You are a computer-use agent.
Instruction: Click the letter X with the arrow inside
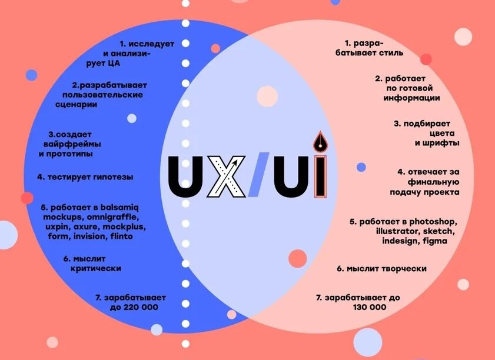227,175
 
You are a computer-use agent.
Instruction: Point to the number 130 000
370,307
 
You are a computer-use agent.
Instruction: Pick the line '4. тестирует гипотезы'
85,176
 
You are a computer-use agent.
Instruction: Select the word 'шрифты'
437,142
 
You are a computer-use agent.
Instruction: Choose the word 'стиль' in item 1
390,52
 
